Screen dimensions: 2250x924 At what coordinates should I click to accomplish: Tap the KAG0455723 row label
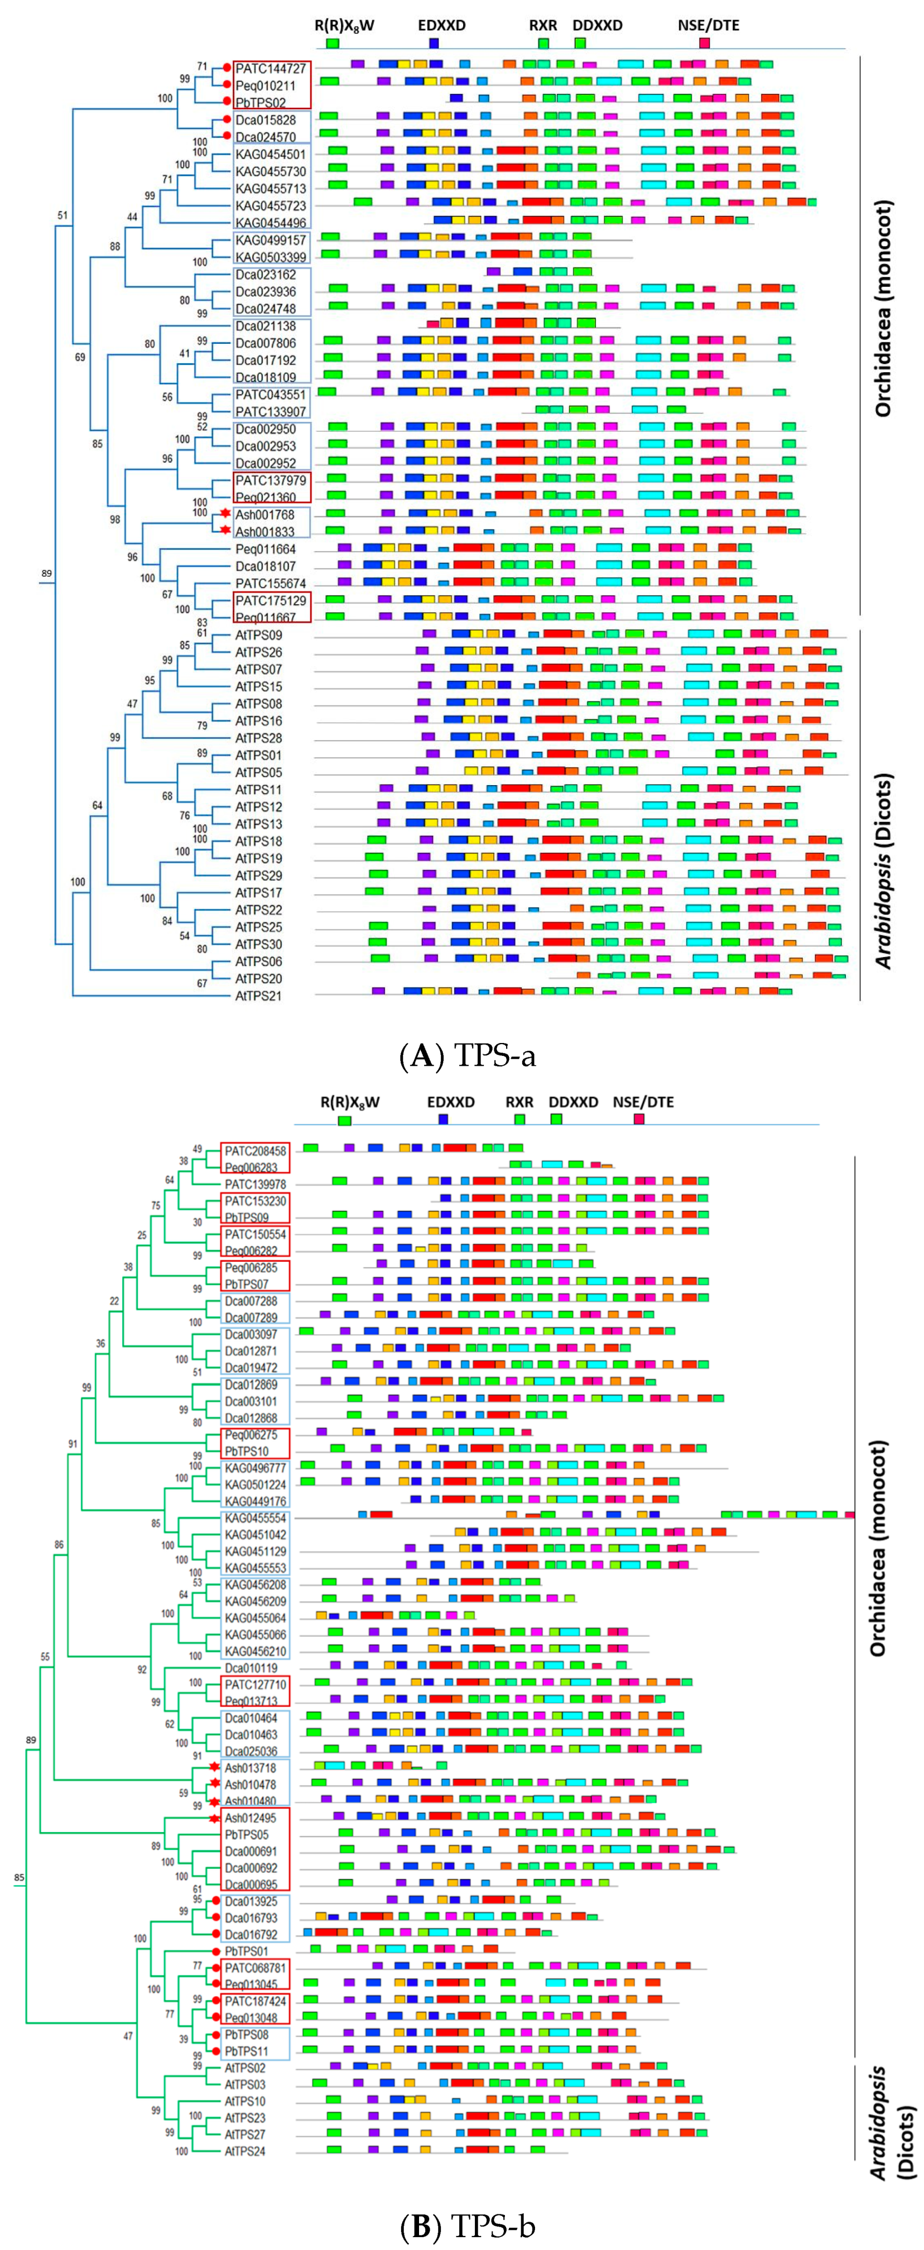point(271,205)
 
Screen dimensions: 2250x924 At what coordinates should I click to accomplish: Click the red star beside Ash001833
point(225,530)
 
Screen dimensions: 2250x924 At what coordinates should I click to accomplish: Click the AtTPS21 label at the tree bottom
point(258,996)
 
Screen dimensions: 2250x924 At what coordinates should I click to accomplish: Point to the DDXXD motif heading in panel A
point(598,25)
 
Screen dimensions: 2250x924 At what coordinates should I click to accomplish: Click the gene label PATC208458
point(255,1151)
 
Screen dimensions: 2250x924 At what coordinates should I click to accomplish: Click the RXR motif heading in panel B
point(519,1102)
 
